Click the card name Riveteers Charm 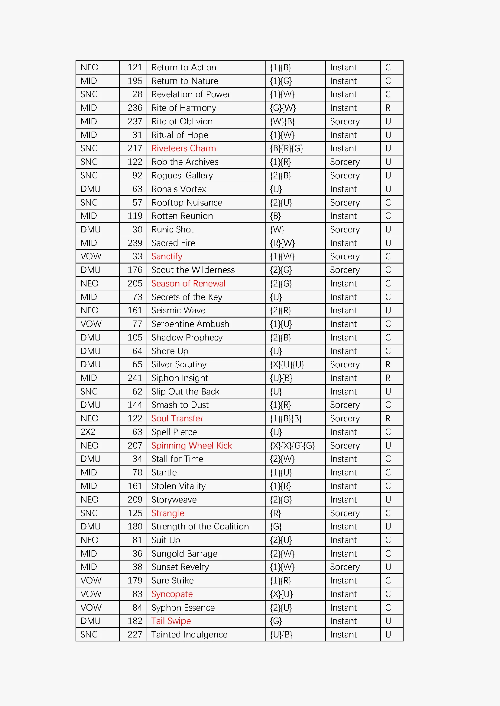tap(183, 148)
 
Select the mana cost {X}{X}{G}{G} tap(292, 446)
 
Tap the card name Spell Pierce tap(174, 432)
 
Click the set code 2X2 tap(88, 432)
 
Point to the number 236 tap(135, 108)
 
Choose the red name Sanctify tap(167, 257)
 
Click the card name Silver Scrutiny tap(179, 364)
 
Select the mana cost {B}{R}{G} tap(286, 148)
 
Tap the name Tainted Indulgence tap(189, 634)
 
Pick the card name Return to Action tap(184, 67)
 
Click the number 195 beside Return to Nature tap(135, 81)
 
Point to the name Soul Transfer tap(177, 418)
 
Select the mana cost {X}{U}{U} tap(287, 364)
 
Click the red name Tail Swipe tap(171, 621)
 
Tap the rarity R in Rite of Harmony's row tap(388, 108)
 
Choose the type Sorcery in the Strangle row tap(345, 513)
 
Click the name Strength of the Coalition tap(200, 526)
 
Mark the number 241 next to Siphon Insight tap(135, 378)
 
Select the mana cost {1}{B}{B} tap(286, 418)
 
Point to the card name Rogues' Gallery tap(182, 175)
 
